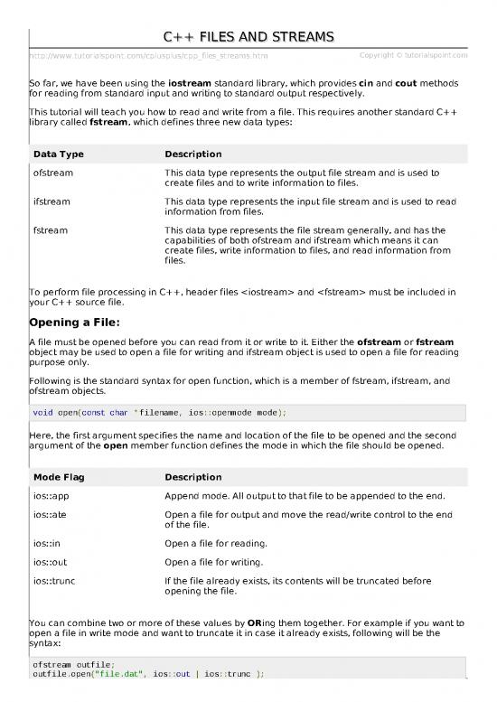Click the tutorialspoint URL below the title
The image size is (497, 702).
pos(149,57)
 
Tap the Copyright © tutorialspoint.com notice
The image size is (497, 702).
pos(412,56)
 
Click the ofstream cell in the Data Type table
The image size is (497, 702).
pos(53,172)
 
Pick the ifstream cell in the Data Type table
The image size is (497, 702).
pos(52,201)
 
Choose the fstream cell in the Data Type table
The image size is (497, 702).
pos(50,230)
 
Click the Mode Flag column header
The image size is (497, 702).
pos(61,477)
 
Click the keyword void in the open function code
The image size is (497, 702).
pos(42,412)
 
